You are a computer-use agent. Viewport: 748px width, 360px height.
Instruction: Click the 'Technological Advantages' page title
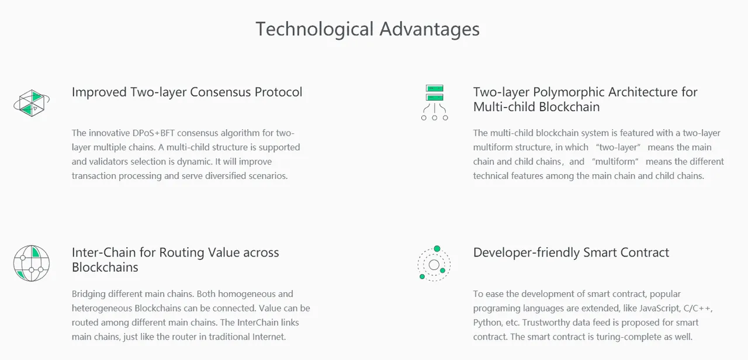point(368,29)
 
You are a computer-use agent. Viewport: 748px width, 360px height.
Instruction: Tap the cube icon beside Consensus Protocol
point(32,103)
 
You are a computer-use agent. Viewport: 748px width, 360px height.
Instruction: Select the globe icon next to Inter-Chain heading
point(32,263)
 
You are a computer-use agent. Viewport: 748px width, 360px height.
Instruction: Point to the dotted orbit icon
point(434,264)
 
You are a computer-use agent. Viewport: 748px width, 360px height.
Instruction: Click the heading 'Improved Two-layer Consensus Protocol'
point(187,92)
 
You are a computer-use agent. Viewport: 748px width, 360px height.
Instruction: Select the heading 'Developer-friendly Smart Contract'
point(571,252)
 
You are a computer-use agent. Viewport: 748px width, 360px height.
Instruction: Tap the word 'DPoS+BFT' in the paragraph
point(154,133)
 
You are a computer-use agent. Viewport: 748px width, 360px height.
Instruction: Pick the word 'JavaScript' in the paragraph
point(660,308)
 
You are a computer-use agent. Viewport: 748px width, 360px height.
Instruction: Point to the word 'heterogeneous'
point(102,309)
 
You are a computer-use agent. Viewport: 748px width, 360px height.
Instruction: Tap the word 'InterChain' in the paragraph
point(258,323)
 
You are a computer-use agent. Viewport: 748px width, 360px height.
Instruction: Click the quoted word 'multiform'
point(615,162)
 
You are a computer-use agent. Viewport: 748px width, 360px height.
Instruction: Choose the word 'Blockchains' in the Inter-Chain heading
point(105,268)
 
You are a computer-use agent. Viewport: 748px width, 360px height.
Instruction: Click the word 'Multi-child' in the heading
point(503,107)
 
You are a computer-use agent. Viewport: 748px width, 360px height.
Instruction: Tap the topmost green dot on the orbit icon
point(437,249)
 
